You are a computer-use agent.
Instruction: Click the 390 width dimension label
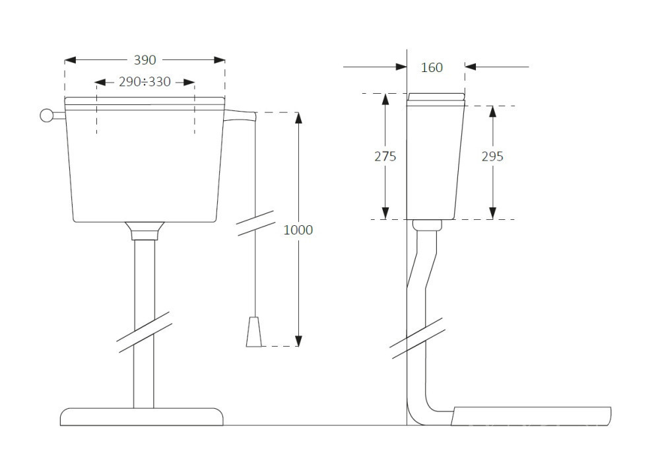coord(145,60)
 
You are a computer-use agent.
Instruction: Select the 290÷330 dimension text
coord(145,82)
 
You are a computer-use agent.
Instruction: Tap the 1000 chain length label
coord(298,230)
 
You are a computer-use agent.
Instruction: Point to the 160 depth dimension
coord(432,67)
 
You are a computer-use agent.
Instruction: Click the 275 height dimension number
coord(385,157)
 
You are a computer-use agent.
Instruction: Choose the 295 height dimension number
coord(492,157)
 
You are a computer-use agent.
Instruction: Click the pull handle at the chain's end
coord(254,332)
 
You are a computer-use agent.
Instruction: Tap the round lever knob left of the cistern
coord(46,116)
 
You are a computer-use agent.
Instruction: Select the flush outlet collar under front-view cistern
coord(145,231)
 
